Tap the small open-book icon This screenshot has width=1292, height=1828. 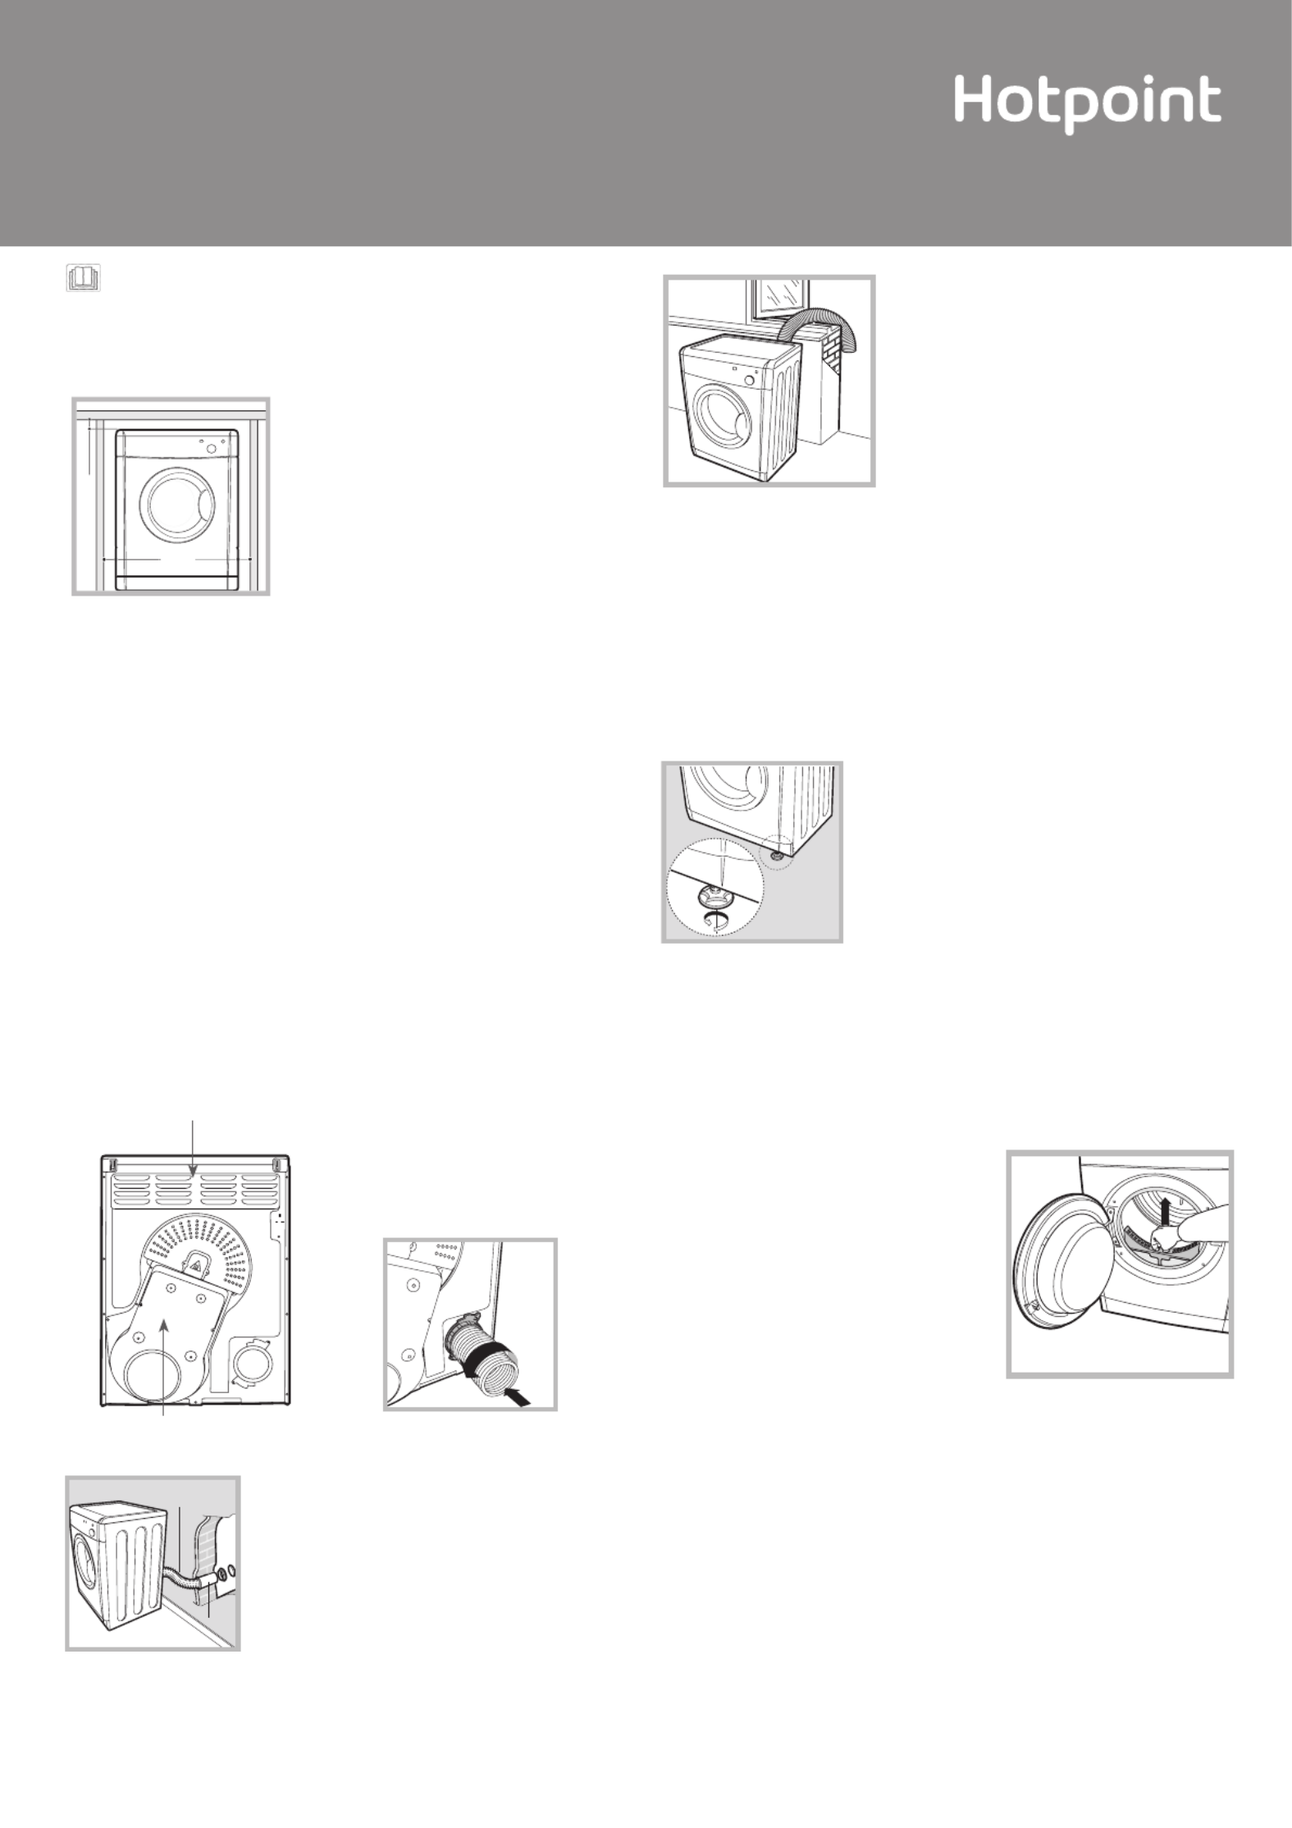tap(83, 277)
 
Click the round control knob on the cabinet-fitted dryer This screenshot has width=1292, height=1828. tap(212, 448)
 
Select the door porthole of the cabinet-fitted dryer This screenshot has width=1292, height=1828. tap(175, 503)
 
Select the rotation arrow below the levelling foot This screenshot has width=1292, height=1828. tap(716, 919)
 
